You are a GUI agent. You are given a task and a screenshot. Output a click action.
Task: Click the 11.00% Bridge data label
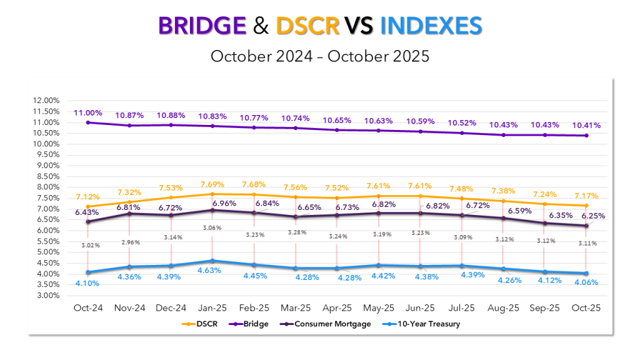(88, 112)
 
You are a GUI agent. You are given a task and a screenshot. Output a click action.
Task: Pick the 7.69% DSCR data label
(212, 184)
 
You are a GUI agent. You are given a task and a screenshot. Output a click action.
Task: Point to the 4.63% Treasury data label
(212, 272)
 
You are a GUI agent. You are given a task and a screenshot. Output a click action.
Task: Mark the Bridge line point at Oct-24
(88, 122)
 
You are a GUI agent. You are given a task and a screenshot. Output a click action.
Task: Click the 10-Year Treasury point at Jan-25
(212, 261)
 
